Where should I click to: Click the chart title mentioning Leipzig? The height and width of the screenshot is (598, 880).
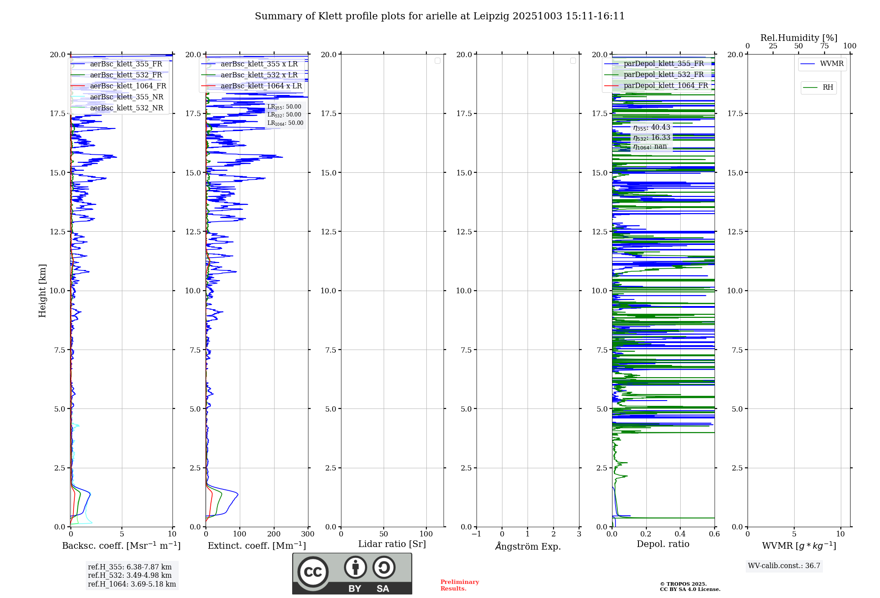tap(440, 16)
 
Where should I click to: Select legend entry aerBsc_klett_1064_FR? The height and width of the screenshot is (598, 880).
tap(128, 86)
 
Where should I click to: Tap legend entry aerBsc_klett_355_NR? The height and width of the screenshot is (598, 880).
tap(126, 97)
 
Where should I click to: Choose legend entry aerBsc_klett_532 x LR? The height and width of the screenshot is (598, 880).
tap(259, 75)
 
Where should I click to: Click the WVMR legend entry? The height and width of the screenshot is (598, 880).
tap(831, 64)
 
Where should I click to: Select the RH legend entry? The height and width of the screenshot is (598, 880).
tap(828, 88)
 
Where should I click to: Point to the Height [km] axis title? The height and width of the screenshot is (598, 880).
tap(42, 291)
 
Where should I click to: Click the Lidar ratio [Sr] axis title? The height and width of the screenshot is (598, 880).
tap(392, 544)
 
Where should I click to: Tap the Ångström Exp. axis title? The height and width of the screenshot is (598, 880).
tap(528, 547)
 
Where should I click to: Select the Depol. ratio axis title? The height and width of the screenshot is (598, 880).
tap(663, 544)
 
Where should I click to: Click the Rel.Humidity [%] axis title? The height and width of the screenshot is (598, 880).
tap(799, 38)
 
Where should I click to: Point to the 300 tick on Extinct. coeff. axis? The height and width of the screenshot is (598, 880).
tap(308, 534)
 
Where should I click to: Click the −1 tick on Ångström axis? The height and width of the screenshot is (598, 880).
tap(476, 534)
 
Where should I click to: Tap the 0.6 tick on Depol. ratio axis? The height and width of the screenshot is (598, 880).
tap(714, 534)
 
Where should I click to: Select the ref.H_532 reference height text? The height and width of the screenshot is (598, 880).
tap(130, 576)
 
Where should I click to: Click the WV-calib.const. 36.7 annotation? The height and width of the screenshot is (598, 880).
tap(784, 566)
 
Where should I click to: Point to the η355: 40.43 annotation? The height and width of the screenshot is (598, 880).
tap(652, 128)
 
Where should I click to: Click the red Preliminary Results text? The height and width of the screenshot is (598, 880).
tap(459, 585)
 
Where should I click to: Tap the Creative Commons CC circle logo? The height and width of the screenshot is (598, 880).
tap(313, 572)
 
